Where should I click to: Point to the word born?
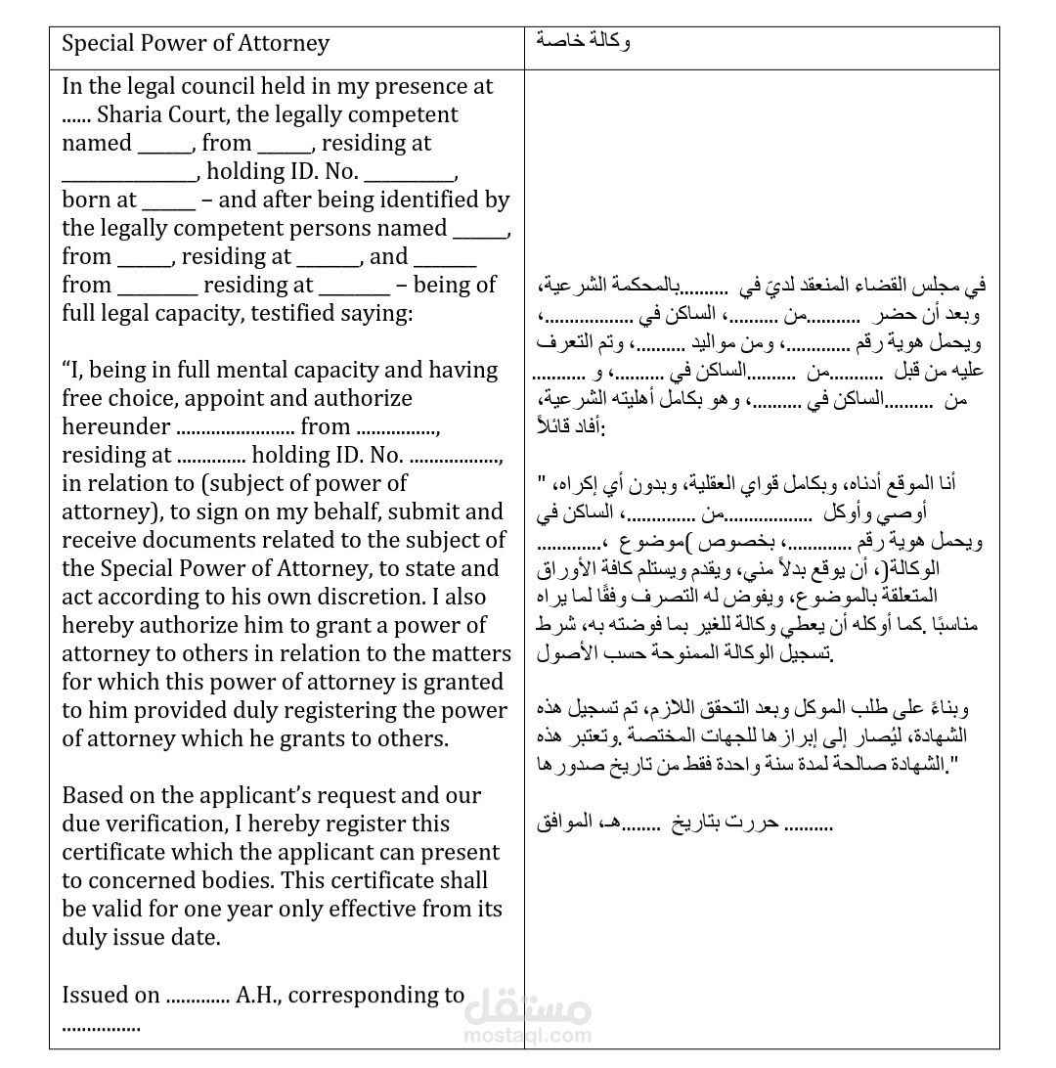coord(86,200)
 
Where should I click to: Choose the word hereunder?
coord(115,426)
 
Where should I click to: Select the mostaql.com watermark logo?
coord(528,1016)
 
